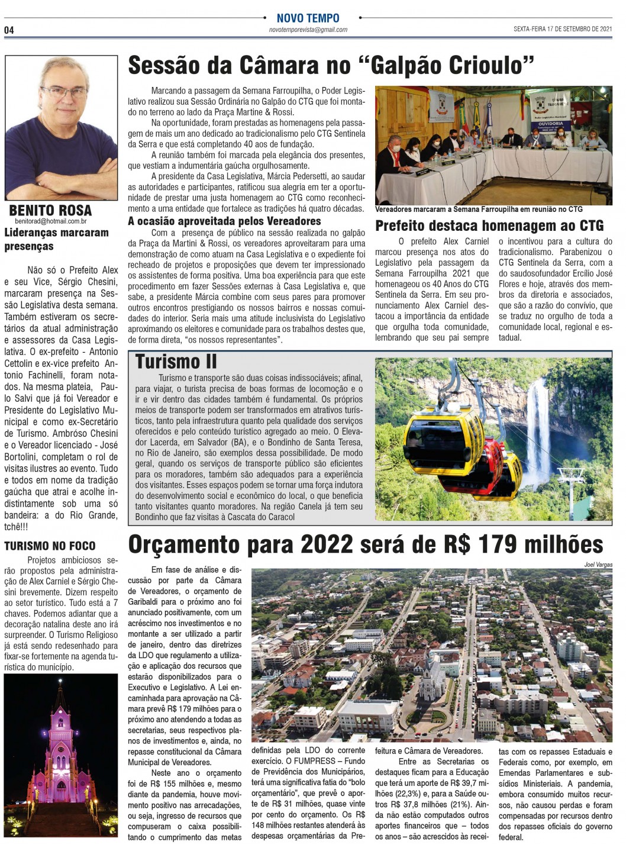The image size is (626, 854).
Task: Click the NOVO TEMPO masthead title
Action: click(x=308, y=18)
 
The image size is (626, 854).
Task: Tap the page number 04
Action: click(x=9, y=30)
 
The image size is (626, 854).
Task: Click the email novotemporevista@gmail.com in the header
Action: click(x=308, y=30)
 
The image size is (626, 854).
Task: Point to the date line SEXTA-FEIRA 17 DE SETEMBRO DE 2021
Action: click(x=563, y=29)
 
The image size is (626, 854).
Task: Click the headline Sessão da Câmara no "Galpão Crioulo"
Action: click(x=331, y=66)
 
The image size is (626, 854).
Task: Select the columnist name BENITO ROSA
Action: click(x=50, y=211)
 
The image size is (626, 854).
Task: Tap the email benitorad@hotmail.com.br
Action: click(x=51, y=221)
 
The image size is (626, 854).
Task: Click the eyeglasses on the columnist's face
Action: click(x=64, y=93)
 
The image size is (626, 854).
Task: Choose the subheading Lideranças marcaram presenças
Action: click(x=56, y=239)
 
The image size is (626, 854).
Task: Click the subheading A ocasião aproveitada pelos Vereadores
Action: click(x=225, y=221)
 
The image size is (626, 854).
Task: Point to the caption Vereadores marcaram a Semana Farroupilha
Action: click(x=479, y=209)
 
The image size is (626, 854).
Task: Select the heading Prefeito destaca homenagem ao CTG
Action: click(x=489, y=225)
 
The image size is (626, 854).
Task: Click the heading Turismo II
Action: click(x=176, y=362)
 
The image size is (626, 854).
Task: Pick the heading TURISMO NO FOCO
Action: click(x=50, y=546)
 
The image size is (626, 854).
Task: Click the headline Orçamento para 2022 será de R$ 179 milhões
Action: click(x=366, y=544)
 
